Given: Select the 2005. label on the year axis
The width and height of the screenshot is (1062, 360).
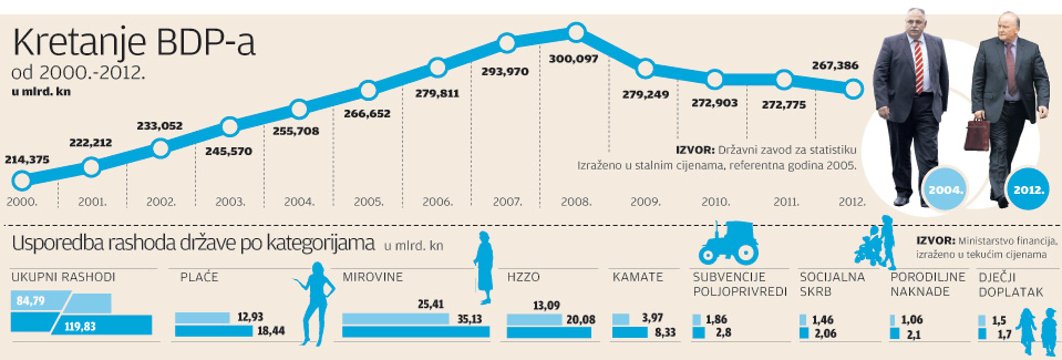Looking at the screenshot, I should [x=369, y=202].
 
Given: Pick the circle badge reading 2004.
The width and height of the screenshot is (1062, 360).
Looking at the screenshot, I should [x=945, y=190].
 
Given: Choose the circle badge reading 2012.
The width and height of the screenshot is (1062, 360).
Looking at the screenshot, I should [x=1029, y=190].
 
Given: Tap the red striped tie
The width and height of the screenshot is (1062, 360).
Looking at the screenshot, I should [x=918, y=66].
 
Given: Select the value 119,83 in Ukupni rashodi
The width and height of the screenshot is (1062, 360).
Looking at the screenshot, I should [x=80, y=327].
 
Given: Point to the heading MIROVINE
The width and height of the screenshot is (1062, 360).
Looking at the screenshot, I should [x=372, y=277].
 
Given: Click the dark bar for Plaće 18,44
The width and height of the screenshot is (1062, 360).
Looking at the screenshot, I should [x=214, y=331].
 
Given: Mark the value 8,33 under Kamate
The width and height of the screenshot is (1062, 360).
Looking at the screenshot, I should [x=665, y=332].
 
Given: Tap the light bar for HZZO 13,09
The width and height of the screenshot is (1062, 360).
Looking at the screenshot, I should [x=534, y=319].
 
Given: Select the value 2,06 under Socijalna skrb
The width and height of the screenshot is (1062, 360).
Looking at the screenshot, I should [x=825, y=333].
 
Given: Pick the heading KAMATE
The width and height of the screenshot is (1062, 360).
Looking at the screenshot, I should [x=638, y=277].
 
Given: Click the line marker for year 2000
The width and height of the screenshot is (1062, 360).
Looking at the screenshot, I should [x=21, y=180].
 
